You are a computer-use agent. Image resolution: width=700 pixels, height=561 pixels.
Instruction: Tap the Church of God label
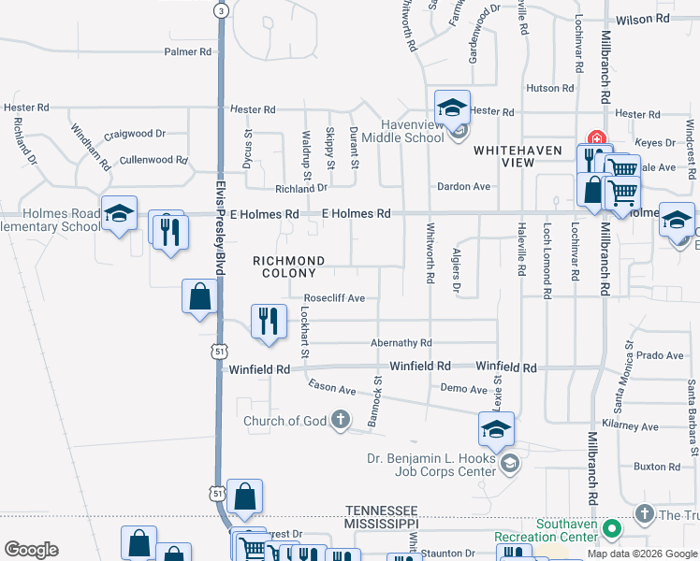click(285, 421)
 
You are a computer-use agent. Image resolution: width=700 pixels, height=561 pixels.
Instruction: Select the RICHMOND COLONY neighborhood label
click(289, 267)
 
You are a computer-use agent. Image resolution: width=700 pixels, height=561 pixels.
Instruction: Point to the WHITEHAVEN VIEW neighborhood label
click(517, 156)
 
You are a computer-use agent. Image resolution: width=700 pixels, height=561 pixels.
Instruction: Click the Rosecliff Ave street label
click(334, 298)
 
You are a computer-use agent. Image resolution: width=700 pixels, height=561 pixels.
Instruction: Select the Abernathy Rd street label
click(401, 343)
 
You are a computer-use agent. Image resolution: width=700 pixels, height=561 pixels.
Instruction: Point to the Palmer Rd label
click(188, 51)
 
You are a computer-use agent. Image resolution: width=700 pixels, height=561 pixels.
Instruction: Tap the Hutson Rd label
click(549, 87)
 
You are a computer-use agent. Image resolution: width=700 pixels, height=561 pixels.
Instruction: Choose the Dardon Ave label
click(463, 186)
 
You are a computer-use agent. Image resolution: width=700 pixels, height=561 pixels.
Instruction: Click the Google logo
click(31, 550)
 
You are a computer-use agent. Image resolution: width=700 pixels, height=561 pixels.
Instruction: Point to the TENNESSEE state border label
click(380, 510)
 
